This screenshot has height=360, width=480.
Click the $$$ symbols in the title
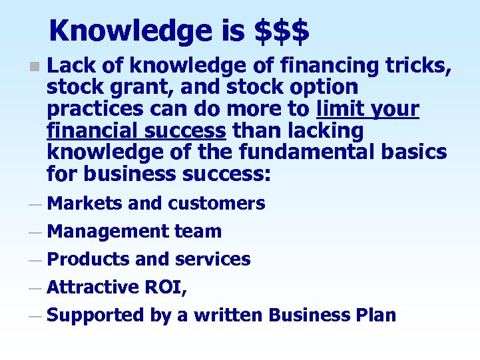click(x=282, y=31)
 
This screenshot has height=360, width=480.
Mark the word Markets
click(x=85, y=204)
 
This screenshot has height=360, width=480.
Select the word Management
click(x=108, y=232)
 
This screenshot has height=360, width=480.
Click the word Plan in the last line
click(x=375, y=315)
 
